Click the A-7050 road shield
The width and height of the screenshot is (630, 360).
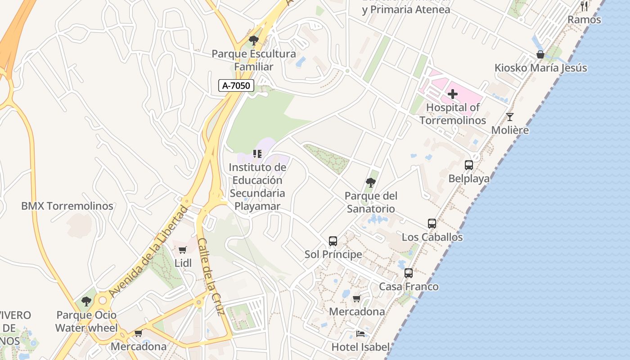pos(236,85)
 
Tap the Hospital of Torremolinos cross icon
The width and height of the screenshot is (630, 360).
pos(453,94)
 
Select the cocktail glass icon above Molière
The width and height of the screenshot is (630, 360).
pos(510,117)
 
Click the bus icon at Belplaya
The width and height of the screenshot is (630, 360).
pos(469,165)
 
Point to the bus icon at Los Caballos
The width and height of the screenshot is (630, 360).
pos(432,224)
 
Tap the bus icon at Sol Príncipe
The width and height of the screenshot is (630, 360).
pos(333,241)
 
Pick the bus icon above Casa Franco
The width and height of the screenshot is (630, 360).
pos(409,273)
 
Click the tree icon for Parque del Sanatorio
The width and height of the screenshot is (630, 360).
pos(371,183)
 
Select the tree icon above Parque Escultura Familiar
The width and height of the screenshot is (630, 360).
pos(254,40)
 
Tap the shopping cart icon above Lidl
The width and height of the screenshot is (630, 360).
pos(183,250)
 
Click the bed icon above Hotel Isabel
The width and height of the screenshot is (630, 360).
pos(360,334)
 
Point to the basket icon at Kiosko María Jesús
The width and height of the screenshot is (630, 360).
pos(540,55)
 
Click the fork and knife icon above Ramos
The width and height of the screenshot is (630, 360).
pos(584,6)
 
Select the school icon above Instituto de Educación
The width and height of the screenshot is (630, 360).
pos(257,154)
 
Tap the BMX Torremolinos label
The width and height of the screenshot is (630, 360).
pos(67,206)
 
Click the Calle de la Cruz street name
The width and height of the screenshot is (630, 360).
pos(210,277)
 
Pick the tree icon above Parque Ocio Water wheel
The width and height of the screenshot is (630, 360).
pos(86,301)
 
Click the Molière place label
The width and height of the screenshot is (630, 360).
pos(510,130)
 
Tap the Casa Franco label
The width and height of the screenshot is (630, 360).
pos(409,287)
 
